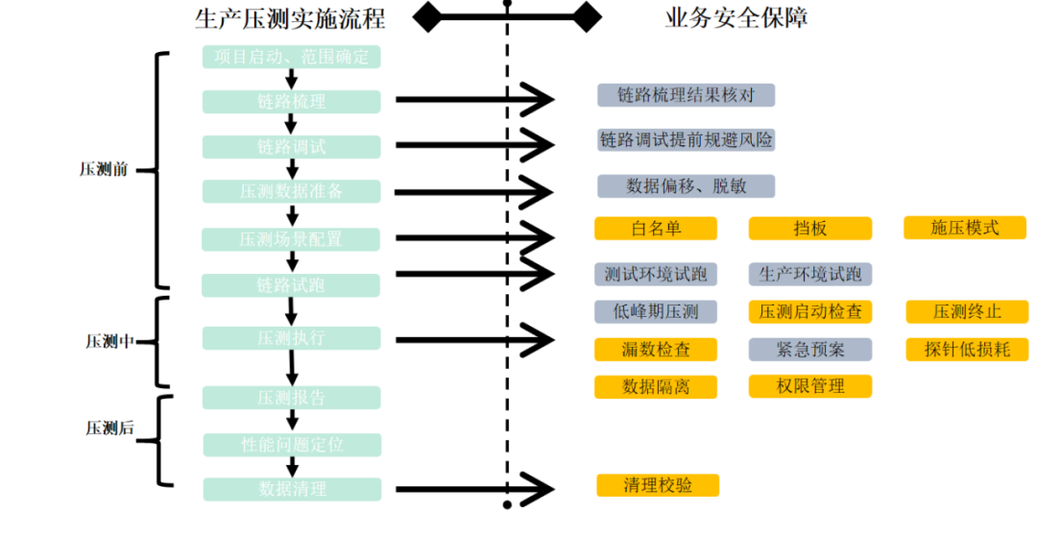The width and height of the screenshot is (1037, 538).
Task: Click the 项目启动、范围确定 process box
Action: (x=292, y=58)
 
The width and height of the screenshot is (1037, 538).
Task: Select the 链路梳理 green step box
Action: (x=292, y=102)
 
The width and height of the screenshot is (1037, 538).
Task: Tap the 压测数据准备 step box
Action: (x=292, y=191)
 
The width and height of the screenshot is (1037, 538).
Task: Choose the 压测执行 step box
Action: (x=292, y=338)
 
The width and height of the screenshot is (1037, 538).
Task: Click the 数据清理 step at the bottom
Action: (x=292, y=489)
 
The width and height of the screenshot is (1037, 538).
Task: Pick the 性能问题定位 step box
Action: (x=292, y=445)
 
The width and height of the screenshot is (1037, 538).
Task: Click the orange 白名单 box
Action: (x=656, y=229)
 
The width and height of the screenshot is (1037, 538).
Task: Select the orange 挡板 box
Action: (x=809, y=229)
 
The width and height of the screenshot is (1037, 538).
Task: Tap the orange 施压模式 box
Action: (x=965, y=228)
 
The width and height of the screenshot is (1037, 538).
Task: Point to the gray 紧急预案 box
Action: (x=809, y=350)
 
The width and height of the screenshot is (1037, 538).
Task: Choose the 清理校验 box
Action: (x=657, y=485)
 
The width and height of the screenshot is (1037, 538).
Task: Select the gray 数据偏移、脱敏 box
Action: (x=685, y=185)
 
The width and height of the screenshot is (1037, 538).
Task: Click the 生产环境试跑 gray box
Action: (x=809, y=274)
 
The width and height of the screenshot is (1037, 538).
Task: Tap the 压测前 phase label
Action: (x=103, y=170)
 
